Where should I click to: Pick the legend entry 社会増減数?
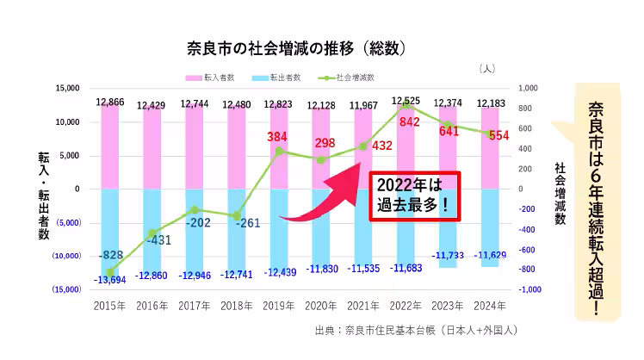point(354,77)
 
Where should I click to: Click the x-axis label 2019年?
point(278,305)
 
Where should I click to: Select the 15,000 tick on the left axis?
point(67,88)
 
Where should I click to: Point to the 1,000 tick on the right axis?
point(528,88)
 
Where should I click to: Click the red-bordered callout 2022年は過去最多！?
point(415,196)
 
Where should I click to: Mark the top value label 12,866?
point(110,102)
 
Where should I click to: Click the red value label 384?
point(277,137)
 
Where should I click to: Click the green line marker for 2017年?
point(195,209)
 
